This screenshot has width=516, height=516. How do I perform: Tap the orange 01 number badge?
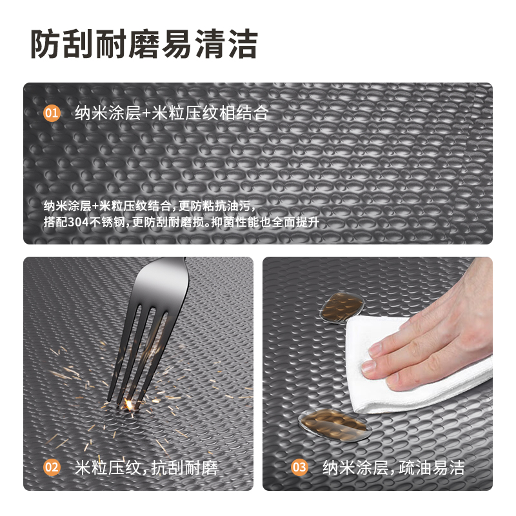click(x=52, y=114)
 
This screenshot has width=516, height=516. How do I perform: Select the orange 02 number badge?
click(x=52, y=467)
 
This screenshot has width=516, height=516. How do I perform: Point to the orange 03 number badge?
click(x=299, y=467)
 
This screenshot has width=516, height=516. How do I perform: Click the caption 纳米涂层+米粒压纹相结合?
click(x=170, y=114)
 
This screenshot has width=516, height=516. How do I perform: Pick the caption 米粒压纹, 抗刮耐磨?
click(x=146, y=467)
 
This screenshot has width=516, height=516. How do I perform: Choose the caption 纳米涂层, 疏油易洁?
click(x=393, y=467)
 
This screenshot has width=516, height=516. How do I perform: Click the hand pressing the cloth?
click(x=439, y=335)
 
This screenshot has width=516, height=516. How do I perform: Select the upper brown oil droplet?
click(x=342, y=306)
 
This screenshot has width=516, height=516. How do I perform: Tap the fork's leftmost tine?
click(x=124, y=348)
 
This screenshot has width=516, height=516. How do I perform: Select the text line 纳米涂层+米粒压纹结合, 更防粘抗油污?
click(x=150, y=206)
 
